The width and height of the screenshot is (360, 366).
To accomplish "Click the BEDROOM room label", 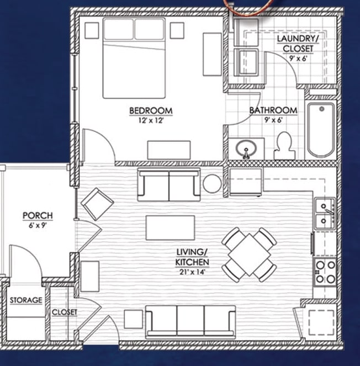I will point(151,110).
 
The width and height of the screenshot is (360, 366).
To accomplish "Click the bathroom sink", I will point(246,148).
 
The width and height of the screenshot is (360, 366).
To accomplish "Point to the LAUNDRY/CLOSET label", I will point(297,44).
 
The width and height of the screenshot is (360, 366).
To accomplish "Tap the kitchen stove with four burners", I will point(325,272).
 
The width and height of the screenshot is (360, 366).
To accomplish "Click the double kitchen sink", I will point(325,214).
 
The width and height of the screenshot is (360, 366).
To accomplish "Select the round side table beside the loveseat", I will point(212,183).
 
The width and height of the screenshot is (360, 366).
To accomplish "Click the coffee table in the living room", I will point(170,227).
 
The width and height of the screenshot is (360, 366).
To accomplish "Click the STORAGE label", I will point(26,300).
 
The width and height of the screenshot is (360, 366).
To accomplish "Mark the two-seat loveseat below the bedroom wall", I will point(169,185).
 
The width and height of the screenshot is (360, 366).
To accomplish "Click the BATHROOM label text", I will point(273,110).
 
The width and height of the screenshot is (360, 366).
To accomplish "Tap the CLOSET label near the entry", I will point(65,312).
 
